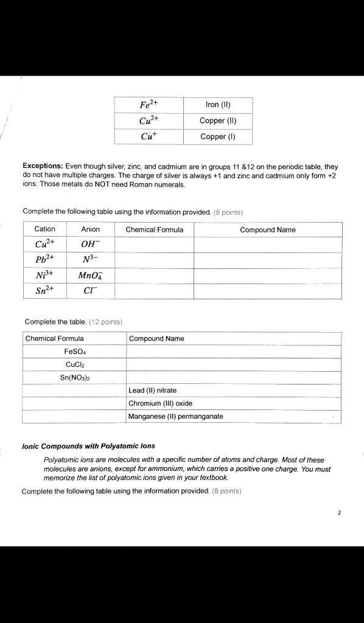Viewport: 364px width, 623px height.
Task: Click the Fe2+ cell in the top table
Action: point(149,105)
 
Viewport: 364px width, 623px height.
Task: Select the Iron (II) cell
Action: point(218,105)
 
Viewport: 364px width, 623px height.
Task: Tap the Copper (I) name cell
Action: point(218,136)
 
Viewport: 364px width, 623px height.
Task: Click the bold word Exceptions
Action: point(43,166)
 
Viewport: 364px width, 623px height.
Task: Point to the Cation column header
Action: point(45,229)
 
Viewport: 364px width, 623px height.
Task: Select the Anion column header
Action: point(91,229)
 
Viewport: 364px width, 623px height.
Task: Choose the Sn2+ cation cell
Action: point(45,291)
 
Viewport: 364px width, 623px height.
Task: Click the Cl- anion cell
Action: point(91,291)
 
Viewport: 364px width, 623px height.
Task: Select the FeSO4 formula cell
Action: point(75,352)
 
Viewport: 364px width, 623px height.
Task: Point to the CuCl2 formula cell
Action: point(75,364)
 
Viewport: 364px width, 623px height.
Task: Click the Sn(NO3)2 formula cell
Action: point(75,377)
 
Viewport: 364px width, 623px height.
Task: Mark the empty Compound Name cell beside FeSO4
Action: point(233,352)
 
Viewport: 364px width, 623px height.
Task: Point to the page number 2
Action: point(339,512)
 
